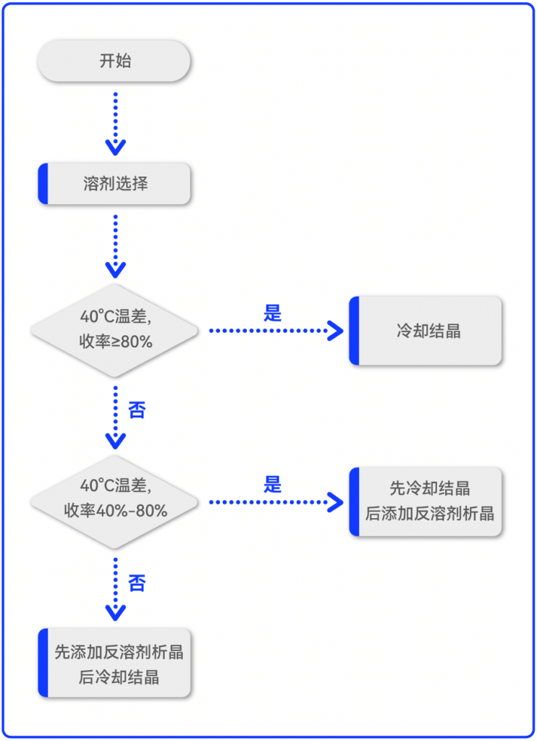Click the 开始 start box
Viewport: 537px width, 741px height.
tap(114, 61)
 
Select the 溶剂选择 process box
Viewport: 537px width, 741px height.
tap(114, 183)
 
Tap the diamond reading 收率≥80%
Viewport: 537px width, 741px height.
tap(114, 330)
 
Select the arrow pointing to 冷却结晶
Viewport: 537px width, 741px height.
tap(275, 331)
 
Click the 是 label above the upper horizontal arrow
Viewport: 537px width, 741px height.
tap(272, 313)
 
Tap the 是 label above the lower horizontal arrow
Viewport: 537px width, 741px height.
tap(272, 484)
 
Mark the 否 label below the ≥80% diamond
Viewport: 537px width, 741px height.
tap(137, 410)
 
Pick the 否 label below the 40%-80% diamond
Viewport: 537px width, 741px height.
tap(137, 583)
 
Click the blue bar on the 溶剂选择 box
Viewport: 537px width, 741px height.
tap(43, 183)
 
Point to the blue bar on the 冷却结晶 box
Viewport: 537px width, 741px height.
tap(354, 331)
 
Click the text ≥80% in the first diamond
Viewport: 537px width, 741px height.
tap(135, 342)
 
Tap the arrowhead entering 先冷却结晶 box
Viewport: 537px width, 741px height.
tap(336, 501)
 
